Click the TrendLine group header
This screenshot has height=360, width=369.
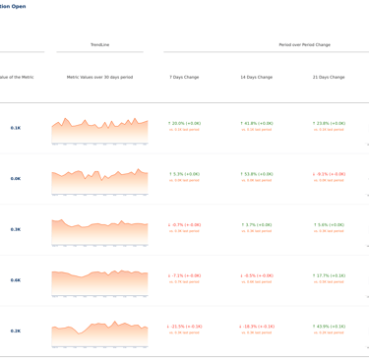pyautogui.click(x=99, y=44)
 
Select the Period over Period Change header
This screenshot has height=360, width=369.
pyautogui.click(x=304, y=44)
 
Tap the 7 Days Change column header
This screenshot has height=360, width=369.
pyautogui.click(x=184, y=77)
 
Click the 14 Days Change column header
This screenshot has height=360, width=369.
pyautogui.click(x=257, y=77)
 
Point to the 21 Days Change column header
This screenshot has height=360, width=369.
pyautogui.click(x=329, y=77)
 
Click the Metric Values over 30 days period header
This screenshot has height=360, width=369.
pyautogui.click(x=99, y=77)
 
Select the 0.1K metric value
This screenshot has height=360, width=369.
pyautogui.click(x=16, y=128)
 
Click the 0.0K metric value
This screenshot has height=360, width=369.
pyautogui.click(x=16, y=179)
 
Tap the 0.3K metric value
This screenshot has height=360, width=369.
pyautogui.click(x=16, y=229)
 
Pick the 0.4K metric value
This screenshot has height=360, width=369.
pyautogui.click(x=16, y=280)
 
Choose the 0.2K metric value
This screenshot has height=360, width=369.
pyautogui.click(x=16, y=331)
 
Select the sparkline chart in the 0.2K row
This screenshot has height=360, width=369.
pyautogui.click(x=99, y=335)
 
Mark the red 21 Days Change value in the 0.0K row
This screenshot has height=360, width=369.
pyautogui.click(x=329, y=174)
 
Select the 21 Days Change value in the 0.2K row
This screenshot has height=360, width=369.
pyautogui.click(x=329, y=327)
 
